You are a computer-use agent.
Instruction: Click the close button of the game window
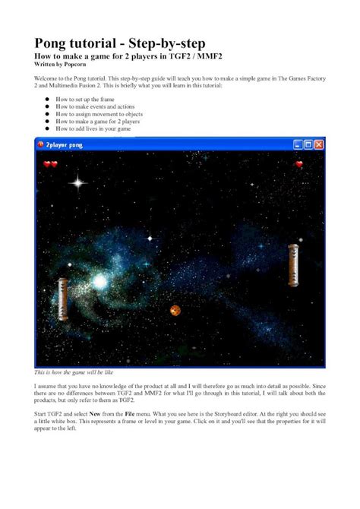[319, 144]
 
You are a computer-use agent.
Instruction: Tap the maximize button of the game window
[308, 144]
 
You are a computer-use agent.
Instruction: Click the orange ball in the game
[175, 310]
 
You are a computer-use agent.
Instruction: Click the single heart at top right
[299, 163]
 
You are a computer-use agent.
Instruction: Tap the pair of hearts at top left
[50, 163]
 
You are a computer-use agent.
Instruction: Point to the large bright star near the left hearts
[77, 182]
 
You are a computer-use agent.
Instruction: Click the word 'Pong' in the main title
[58, 43]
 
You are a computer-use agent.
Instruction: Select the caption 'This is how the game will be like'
[74, 374]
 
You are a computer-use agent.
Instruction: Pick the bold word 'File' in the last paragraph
[149, 414]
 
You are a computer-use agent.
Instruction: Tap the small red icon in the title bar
[40, 144]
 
